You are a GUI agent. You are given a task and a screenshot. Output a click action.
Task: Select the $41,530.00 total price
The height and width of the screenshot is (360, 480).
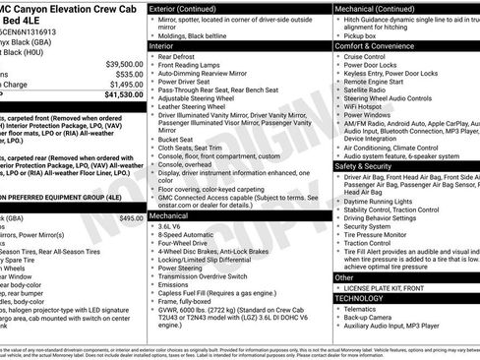pyautogui.click(x=123, y=94)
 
